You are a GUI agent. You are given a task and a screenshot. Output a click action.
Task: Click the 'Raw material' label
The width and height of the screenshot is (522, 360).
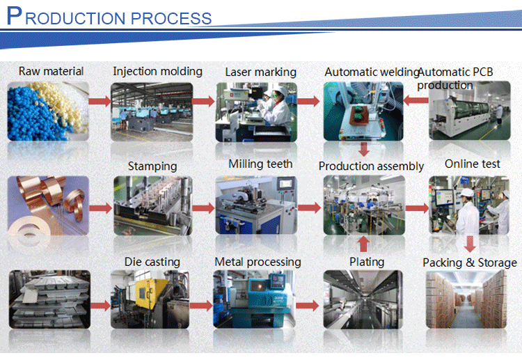click(x=51, y=71)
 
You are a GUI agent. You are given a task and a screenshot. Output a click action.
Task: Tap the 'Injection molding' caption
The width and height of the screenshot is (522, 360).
click(x=157, y=71)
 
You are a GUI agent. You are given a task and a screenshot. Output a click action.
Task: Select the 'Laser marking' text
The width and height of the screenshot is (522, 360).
click(x=260, y=72)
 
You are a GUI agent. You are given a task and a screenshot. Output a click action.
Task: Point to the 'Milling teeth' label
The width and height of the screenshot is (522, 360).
click(x=260, y=164)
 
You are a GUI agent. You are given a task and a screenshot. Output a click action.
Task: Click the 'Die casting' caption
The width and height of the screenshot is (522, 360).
click(x=152, y=262)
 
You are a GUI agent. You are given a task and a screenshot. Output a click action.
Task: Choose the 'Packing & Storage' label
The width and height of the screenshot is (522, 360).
click(x=470, y=263)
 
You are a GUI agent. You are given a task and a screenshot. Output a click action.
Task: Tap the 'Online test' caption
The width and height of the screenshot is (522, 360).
click(x=473, y=164)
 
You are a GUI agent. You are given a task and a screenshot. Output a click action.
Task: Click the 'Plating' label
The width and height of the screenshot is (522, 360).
click(x=367, y=262)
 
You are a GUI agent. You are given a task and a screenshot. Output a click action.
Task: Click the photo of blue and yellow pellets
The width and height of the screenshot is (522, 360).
click(x=49, y=110)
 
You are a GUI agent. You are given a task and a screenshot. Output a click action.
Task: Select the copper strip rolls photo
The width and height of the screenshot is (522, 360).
click(x=49, y=205)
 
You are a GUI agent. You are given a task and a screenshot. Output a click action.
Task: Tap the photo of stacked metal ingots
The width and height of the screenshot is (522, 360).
click(x=49, y=299)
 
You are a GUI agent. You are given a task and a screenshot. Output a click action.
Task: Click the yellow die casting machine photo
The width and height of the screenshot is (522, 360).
click(x=152, y=299)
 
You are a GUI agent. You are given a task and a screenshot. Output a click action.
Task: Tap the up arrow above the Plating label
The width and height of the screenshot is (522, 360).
click(x=363, y=244)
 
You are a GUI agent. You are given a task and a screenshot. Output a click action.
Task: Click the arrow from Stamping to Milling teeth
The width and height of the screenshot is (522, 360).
click(x=203, y=208)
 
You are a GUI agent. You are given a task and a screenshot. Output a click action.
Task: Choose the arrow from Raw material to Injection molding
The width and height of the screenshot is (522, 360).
click(x=100, y=102)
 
